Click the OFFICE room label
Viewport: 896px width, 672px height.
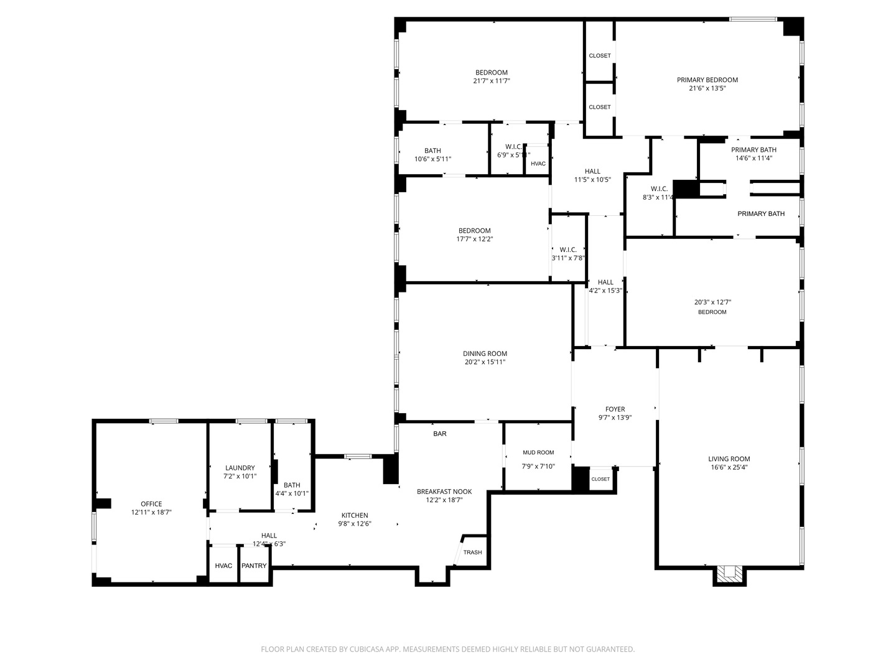(151, 504)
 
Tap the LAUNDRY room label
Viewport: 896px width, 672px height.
(240, 468)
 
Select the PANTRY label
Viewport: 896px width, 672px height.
(254, 566)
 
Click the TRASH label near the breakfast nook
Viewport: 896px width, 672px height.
(472, 553)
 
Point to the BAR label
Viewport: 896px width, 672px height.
(440, 434)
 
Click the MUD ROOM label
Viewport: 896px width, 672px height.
(538, 452)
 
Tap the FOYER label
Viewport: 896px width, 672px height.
(615, 409)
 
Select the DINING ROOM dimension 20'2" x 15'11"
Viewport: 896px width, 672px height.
(485, 362)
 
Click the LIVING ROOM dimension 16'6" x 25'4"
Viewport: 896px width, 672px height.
(729, 467)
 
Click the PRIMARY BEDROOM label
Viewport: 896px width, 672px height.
(707, 80)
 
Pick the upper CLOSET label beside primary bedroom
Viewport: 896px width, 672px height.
(600, 56)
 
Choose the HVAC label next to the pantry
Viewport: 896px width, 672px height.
(223, 566)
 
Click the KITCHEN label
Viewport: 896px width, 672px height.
(355, 515)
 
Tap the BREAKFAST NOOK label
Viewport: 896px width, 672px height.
(444, 492)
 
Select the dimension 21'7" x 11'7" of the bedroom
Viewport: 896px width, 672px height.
(492, 81)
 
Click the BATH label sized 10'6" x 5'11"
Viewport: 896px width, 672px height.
(432, 151)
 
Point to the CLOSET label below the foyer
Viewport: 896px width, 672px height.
(600, 479)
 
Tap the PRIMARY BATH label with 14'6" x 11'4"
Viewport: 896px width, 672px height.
(754, 150)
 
